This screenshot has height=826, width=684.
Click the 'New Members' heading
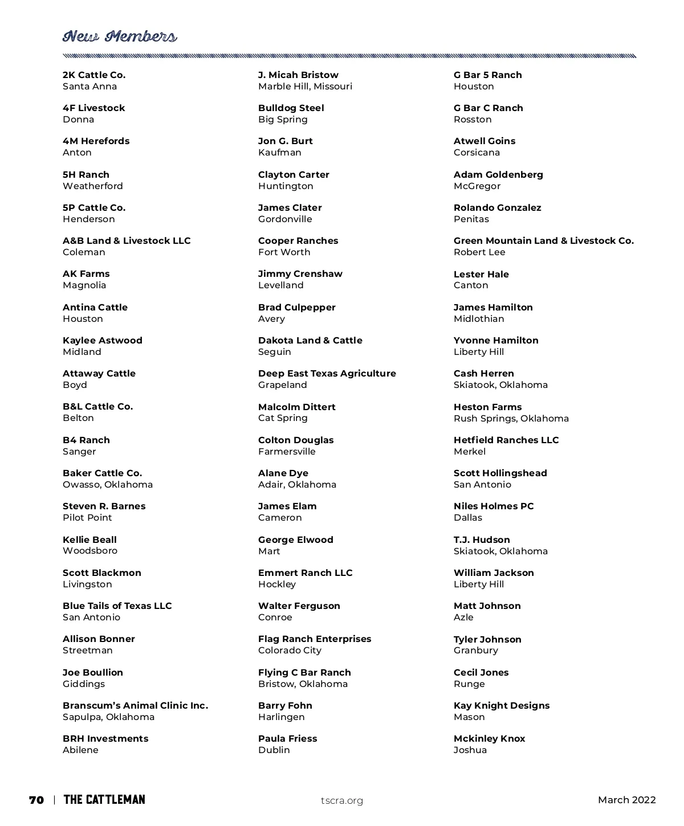click(x=120, y=37)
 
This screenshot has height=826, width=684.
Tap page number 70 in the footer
click(x=36, y=800)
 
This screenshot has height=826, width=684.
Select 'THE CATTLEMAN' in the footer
click(x=104, y=800)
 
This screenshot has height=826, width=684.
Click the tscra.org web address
click(x=342, y=800)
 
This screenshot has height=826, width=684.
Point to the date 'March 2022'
click(x=626, y=800)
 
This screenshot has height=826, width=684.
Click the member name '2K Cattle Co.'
click(x=94, y=75)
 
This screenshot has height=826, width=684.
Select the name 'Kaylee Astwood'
click(x=103, y=341)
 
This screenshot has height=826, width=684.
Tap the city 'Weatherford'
click(x=93, y=186)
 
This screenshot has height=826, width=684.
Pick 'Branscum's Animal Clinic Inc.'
click(x=135, y=706)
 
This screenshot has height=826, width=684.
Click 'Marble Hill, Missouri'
click(x=305, y=87)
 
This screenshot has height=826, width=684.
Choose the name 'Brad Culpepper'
click(x=296, y=308)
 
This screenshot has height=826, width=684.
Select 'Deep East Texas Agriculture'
click(x=327, y=374)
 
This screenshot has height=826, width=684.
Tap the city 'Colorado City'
click(x=290, y=651)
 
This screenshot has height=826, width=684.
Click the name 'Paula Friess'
click(x=287, y=739)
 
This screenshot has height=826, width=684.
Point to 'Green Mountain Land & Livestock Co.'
click(x=543, y=241)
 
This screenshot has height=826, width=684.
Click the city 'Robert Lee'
click(x=479, y=252)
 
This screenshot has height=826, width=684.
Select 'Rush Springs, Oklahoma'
click(x=511, y=419)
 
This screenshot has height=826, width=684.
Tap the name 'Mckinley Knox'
click(x=489, y=739)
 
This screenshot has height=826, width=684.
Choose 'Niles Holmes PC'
click(x=494, y=506)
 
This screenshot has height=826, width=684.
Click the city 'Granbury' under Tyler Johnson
click(x=475, y=651)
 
